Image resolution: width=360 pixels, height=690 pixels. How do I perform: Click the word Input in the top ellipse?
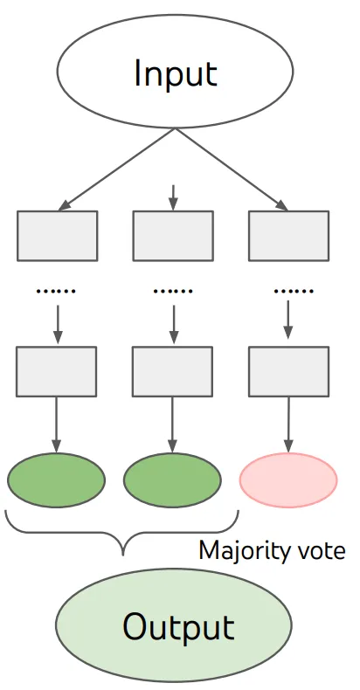click(x=175, y=73)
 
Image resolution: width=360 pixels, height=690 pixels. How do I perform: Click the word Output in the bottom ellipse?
click(x=178, y=625)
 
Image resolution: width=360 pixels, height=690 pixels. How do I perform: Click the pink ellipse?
click(x=288, y=480)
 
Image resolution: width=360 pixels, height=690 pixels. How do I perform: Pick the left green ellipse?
click(x=56, y=480)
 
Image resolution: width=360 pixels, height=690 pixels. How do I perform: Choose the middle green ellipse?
click(x=172, y=480)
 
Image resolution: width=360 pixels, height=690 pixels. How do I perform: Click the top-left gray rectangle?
click(x=57, y=236)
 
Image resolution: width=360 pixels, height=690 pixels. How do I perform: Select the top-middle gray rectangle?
click(x=173, y=236)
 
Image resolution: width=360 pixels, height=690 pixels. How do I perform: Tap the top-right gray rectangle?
click(x=288, y=236)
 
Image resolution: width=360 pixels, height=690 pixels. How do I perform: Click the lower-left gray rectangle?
click(x=56, y=371)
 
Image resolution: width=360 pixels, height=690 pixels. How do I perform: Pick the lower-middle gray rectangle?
click(x=172, y=371)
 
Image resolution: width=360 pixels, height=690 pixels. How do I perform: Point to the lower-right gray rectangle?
click(x=288, y=371)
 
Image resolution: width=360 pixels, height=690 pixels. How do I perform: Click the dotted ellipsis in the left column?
click(x=56, y=291)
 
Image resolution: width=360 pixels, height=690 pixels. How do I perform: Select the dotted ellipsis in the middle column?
click(x=173, y=291)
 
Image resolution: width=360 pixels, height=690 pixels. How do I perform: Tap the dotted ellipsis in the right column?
click(x=294, y=291)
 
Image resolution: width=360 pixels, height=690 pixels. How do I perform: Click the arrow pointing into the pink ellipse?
click(x=288, y=424)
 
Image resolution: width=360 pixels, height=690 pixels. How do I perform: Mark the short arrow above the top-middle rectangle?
click(x=173, y=197)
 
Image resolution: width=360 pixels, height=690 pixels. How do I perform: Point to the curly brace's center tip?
click(x=123, y=555)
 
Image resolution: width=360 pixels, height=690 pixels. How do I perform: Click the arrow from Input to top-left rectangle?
click(x=116, y=169)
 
